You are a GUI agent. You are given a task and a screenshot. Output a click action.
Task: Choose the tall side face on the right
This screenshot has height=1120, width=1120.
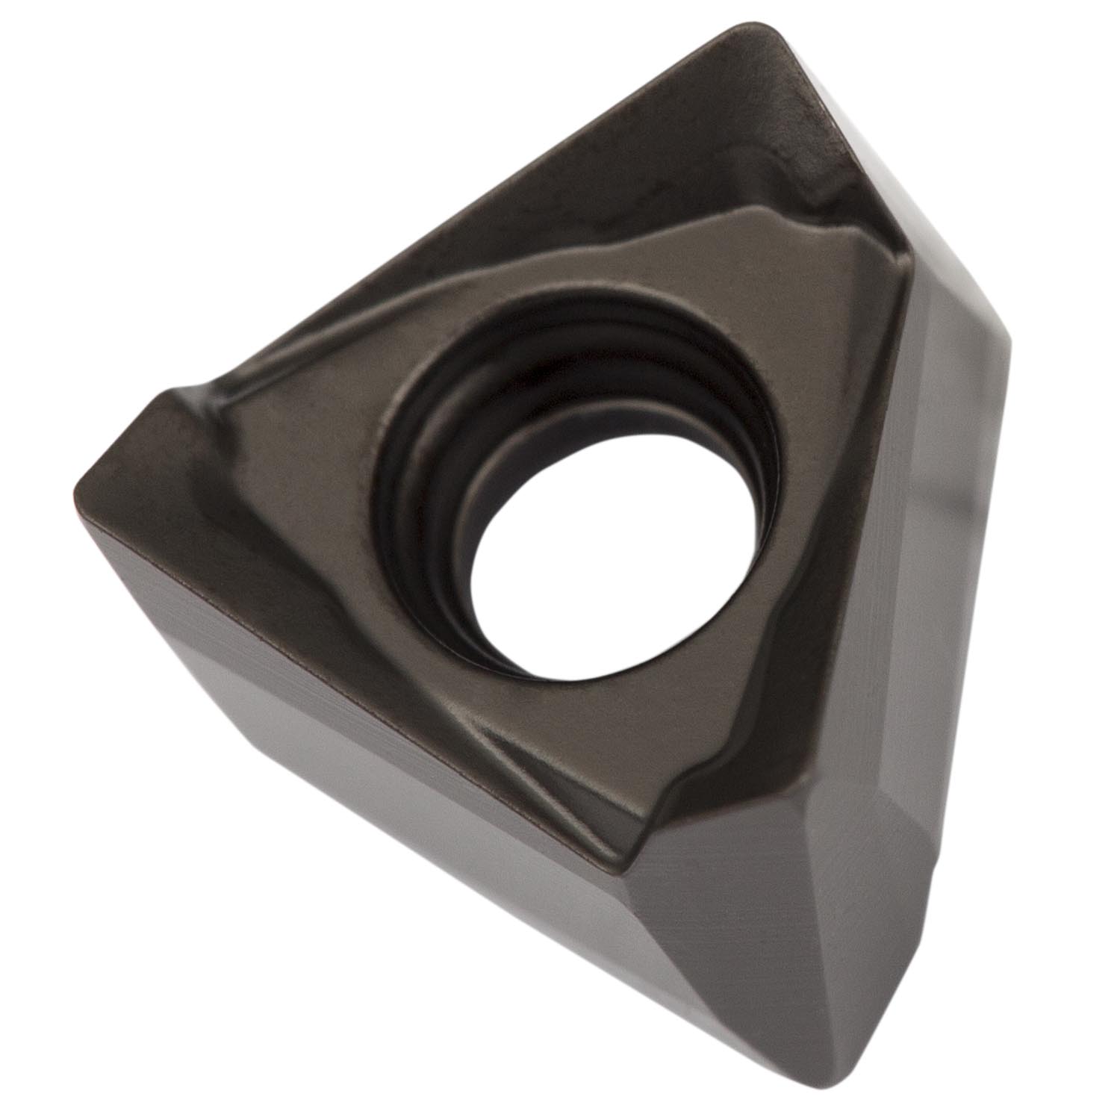963,567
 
